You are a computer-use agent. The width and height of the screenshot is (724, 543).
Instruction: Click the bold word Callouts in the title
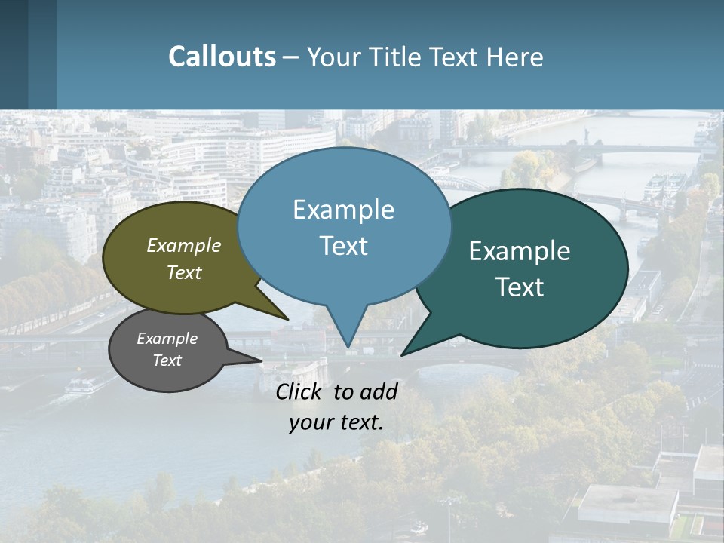pos(222,57)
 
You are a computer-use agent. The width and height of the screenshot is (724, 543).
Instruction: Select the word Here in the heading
pos(515,57)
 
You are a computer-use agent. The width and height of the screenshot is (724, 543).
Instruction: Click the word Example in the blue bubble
pos(343,210)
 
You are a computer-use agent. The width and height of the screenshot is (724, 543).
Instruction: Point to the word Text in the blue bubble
pos(343,246)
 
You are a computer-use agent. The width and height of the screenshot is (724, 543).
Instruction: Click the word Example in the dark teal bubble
pos(520,251)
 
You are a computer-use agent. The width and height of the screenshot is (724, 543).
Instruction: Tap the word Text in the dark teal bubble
pos(520,287)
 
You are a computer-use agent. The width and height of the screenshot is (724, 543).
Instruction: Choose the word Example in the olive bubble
pos(184,245)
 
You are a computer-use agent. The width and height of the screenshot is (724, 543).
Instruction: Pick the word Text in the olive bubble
pos(184,272)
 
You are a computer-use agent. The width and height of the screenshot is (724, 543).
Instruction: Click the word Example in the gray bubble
pos(167,339)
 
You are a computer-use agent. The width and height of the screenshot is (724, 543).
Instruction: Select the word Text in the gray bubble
pos(167,360)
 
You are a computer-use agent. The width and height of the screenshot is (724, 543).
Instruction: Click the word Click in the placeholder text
pos(299,391)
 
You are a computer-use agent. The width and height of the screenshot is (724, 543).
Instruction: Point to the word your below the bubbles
pos(309,422)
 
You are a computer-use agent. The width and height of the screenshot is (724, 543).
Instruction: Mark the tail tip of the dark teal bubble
pos(402,354)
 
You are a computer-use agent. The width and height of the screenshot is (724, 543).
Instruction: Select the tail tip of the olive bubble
pos(287,319)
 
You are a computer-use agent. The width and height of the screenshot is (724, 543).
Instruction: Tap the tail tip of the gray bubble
pos(261,360)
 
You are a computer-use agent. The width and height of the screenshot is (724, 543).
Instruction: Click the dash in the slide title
pos(291,57)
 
